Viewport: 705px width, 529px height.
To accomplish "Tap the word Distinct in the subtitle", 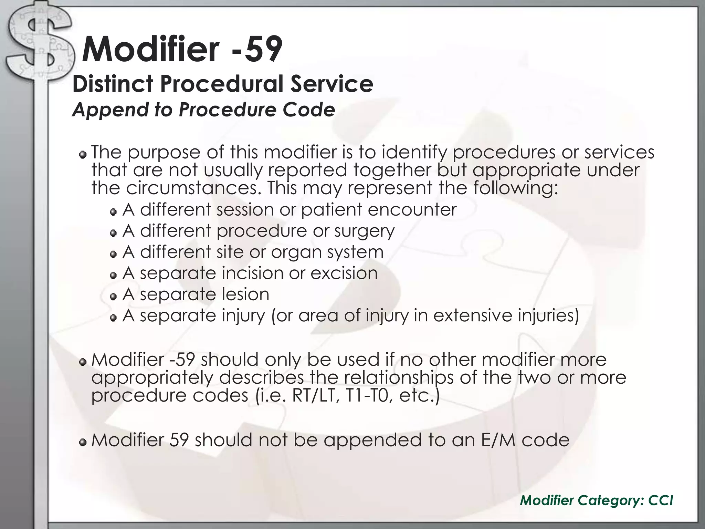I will pyautogui.click(x=113, y=84).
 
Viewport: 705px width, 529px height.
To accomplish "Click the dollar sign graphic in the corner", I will pyautogui.click(x=38, y=45).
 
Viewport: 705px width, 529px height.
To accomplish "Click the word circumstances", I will pyautogui.click(x=192, y=188).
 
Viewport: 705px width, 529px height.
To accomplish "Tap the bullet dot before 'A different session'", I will pyautogui.click(x=113, y=212).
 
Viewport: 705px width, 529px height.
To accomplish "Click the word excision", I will pyautogui.click(x=344, y=273).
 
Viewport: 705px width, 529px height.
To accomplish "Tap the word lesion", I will pyautogui.click(x=245, y=294).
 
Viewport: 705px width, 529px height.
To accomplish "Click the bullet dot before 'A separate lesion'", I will pyautogui.click(x=113, y=297).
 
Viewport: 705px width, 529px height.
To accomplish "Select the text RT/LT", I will pyautogui.click(x=314, y=395).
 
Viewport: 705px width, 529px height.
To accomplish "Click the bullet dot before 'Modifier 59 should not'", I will pyautogui.click(x=83, y=443).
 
